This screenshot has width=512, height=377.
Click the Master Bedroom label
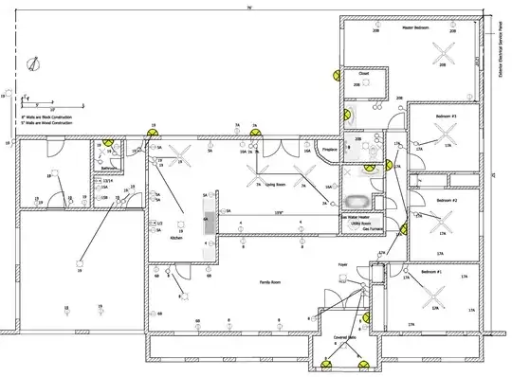pos(414,27)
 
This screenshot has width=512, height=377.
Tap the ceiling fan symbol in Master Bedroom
pos(443,55)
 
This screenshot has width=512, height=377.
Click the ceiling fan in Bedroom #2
pos(439,224)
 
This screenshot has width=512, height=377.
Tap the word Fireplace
pos(330,149)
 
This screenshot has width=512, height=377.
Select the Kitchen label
pos(175,239)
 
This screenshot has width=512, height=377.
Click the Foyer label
pos(342,266)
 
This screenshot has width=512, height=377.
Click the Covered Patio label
pos(344,336)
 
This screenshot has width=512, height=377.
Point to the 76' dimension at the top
pos(248,7)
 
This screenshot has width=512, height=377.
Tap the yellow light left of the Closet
pos(334,74)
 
